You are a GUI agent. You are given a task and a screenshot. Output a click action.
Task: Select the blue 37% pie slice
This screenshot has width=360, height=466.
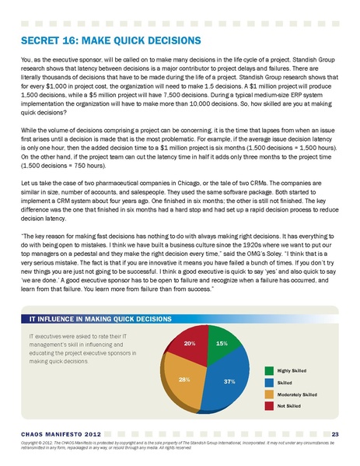226,383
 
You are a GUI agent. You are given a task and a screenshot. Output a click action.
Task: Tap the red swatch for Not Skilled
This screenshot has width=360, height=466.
269,406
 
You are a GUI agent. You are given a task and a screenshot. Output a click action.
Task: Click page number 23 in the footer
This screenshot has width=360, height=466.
334,433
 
